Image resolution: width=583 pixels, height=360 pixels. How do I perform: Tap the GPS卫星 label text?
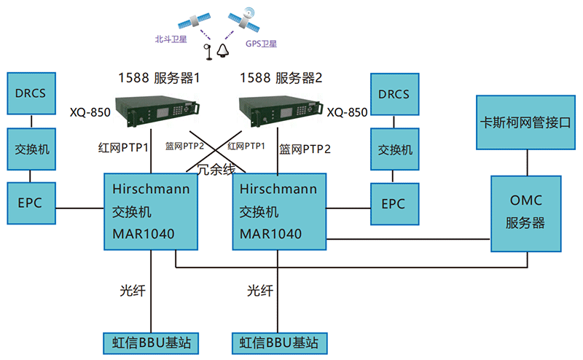pos(261,44)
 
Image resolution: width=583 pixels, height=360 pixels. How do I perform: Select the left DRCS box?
pos(29,94)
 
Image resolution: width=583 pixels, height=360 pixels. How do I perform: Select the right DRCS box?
pos(394,94)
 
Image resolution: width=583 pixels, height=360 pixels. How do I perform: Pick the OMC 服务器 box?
pos(525,213)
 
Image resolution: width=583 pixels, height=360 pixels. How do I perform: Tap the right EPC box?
pos(394,203)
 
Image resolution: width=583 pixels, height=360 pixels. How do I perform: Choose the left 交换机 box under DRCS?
pos(29,149)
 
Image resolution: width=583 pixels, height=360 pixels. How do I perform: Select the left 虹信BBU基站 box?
pos(151,341)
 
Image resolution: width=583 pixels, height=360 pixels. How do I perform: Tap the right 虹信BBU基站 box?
pos(278,341)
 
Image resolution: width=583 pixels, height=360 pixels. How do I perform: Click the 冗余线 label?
pos(217,171)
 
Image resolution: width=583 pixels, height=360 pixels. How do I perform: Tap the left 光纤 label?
pos(133,291)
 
